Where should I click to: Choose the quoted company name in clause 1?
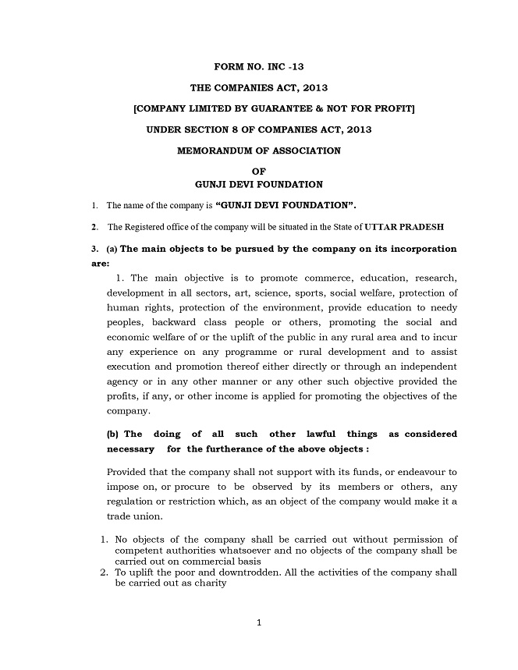point(286,206)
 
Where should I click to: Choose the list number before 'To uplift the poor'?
point(104,572)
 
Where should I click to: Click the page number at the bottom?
point(258,622)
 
